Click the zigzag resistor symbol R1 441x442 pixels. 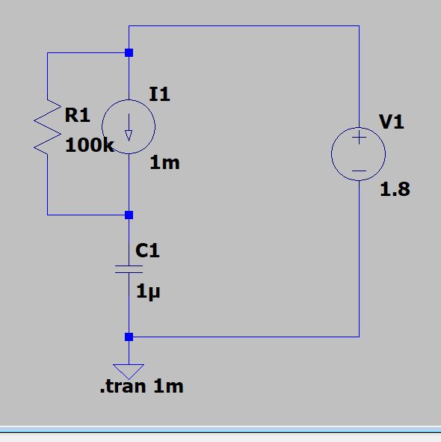(47, 128)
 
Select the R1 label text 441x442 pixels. (78, 115)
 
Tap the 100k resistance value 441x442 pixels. (89, 145)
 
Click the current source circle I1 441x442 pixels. (129, 126)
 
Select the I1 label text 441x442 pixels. (159, 94)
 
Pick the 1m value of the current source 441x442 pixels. (164, 162)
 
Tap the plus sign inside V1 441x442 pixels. (359, 138)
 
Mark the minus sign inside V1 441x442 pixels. (359, 171)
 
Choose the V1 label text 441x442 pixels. (392, 122)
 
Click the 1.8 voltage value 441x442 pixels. (395, 189)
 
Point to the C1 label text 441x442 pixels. (148, 251)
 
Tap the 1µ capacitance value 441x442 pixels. (148, 292)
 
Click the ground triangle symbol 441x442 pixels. (129, 369)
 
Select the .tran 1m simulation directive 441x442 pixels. (141, 387)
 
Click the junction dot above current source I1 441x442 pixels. (129, 53)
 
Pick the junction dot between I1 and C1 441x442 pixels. (129, 215)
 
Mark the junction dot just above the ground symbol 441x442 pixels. (129, 337)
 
